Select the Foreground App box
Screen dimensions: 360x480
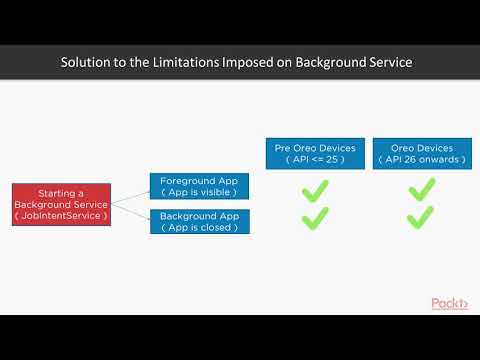(200, 186)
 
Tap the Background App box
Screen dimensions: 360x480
(200, 221)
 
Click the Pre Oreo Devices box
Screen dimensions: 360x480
(316, 154)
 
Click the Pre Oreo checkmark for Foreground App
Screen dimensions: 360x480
(316, 188)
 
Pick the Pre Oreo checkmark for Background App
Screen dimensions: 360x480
(316, 217)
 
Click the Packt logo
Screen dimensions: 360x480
(449, 303)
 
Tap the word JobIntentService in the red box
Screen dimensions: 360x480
(64, 215)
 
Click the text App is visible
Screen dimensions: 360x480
(200, 192)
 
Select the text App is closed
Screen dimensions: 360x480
(200, 227)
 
